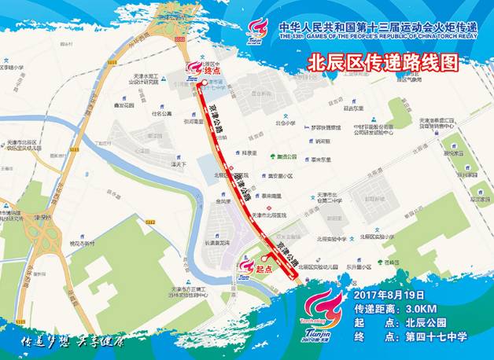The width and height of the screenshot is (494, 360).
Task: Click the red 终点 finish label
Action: pyautogui.click(x=213, y=70)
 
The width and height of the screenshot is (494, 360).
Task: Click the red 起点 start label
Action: pyautogui.click(x=264, y=268)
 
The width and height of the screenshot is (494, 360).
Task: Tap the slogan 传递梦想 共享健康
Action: pyautogui.click(x=72, y=343)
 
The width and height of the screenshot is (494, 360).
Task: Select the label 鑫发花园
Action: pyautogui.click(x=123, y=104)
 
